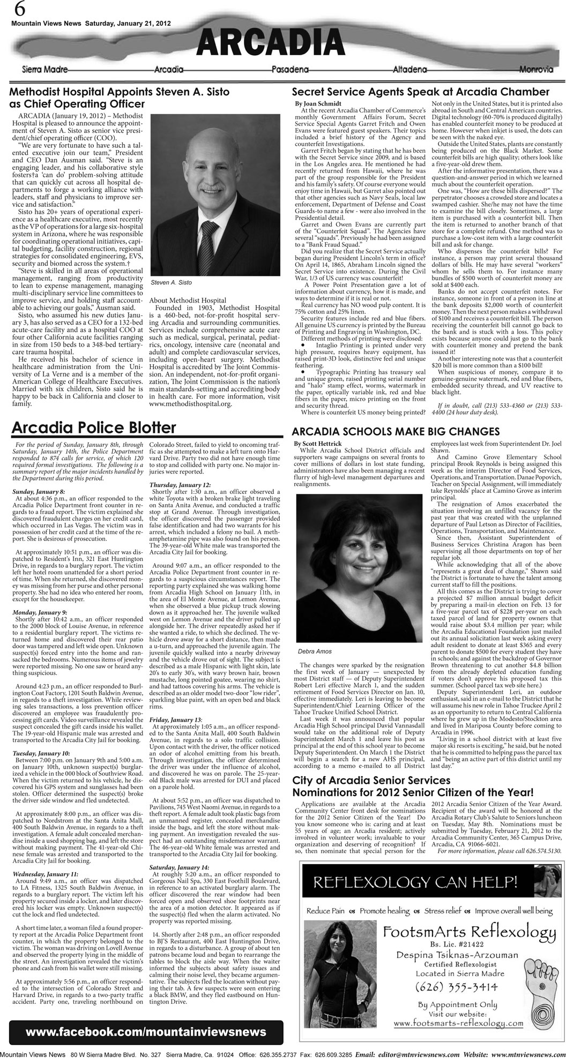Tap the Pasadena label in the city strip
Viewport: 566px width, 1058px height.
point(290,70)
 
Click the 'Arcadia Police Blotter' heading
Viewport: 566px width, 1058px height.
point(94,427)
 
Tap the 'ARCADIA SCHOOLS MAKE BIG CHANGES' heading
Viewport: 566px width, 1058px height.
point(396,431)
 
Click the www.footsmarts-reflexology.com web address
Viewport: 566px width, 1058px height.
point(458,1023)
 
